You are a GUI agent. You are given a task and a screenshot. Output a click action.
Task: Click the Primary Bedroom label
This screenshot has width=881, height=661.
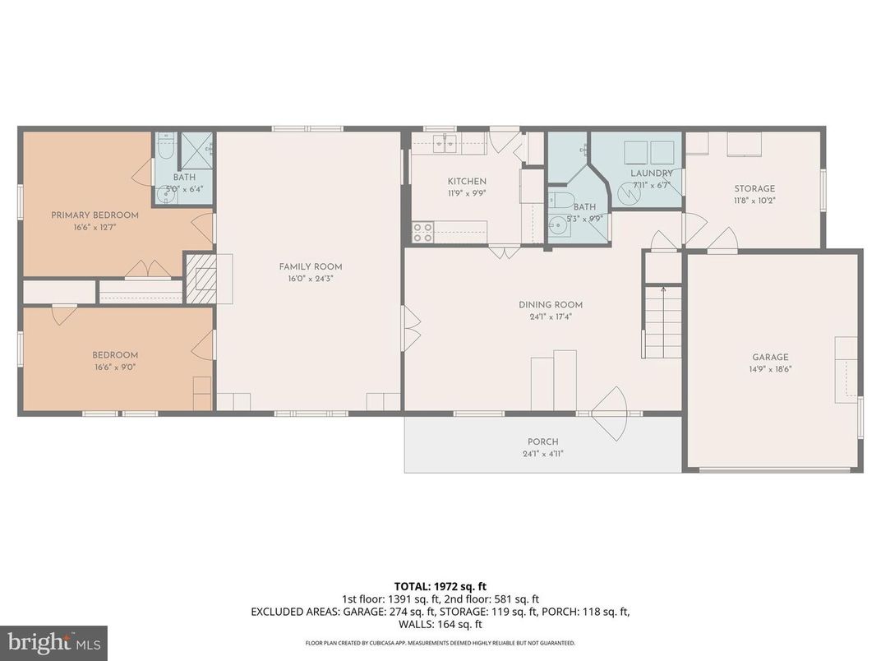click(95, 215)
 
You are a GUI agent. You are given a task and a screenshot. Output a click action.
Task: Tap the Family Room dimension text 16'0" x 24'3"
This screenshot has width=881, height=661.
click(310, 279)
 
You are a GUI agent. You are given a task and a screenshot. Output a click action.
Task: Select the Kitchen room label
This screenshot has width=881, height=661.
click(467, 182)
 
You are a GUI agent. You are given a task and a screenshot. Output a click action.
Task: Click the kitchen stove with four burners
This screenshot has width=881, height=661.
click(422, 232)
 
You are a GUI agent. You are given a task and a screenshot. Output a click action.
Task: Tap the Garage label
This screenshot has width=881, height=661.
click(770, 357)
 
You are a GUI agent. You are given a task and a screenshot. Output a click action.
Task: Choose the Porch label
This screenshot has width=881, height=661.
click(542, 441)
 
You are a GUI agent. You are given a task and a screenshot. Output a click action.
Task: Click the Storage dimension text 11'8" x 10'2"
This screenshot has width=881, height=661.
click(754, 200)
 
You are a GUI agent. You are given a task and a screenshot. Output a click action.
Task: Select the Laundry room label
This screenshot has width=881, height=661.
click(652, 173)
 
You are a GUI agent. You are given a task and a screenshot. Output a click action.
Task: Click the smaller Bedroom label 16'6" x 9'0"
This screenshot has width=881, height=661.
click(114, 367)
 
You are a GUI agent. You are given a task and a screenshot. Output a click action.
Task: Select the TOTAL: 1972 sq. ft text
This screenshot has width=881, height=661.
click(441, 586)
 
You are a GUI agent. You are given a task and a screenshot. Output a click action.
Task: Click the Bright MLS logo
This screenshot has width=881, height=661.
click(53, 642)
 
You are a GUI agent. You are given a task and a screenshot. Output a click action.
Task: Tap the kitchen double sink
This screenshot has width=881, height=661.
click(445, 145)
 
